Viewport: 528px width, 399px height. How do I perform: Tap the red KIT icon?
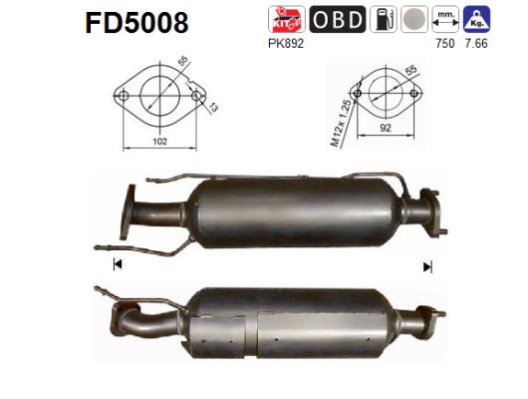pyautogui.click(x=286, y=19)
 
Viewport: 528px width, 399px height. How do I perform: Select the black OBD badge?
pyautogui.click(x=337, y=19)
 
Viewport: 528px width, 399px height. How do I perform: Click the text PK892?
pyautogui.click(x=285, y=43)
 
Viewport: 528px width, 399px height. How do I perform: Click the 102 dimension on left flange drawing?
pyautogui.click(x=159, y=142)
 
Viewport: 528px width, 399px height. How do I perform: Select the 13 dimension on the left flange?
pyautogui.click(x=211, y=107)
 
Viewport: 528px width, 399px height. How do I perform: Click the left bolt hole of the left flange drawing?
pyautogui.click(x=125, y=96)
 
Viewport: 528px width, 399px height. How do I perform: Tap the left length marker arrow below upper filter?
pyautogui.click(x=118, y=264)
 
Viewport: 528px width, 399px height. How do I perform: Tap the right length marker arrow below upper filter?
pyautogui.click(x=427, y=266)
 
